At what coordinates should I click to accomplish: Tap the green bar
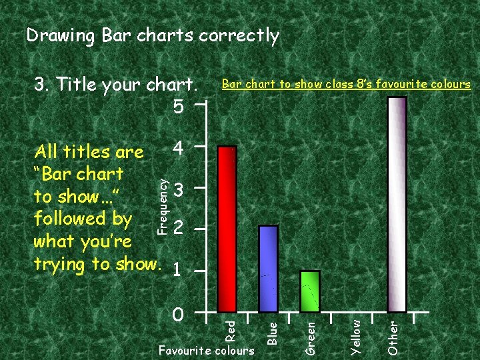(x=310, y=291)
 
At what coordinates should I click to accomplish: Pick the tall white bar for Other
(x=397, y=204)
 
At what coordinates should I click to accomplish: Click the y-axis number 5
(x=178, y=107)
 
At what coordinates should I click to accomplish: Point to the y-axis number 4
(x=178, y=147)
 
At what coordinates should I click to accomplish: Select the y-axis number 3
(x=178, y=190)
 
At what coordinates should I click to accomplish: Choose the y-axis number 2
(x=178, y=229)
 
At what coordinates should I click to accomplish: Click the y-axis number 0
(x=178, y=313)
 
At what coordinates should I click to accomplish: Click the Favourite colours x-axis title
(x=207, y=350)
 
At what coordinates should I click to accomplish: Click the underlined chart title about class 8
(x=345, y=84)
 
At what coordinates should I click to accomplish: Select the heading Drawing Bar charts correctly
(x=153, y=35)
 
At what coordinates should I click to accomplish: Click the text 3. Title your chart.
(x=116, y=85)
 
